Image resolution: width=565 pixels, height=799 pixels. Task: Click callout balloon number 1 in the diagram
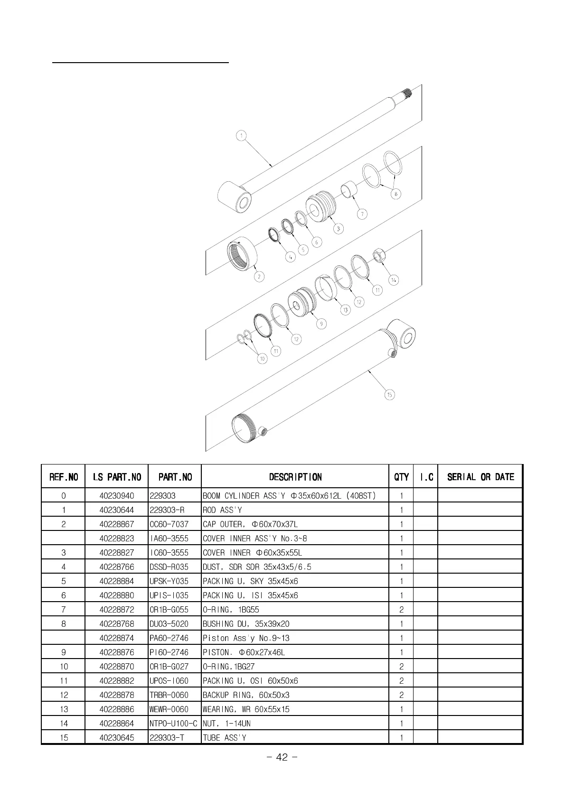click(241, 136)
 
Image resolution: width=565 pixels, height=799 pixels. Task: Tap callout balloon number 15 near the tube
click(389, 395)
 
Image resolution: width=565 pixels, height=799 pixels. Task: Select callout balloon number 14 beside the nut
click(394, 280)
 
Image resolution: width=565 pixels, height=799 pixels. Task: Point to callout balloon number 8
click(395, 194)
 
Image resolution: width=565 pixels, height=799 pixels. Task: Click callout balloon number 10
click(262, 359)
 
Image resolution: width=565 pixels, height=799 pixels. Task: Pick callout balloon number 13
click(345, 310)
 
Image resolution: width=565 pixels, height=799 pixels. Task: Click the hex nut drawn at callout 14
click(379, 255)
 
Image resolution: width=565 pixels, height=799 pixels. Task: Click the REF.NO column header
click(64, 477)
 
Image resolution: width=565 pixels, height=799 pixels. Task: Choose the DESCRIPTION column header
click(295, 477)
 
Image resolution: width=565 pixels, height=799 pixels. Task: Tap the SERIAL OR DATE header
click(480, 477)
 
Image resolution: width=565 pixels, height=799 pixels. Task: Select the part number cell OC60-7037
click(169, 524)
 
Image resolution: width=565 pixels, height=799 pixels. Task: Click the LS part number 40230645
click(117, 738)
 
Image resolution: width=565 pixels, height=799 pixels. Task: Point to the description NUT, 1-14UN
click(226, 724)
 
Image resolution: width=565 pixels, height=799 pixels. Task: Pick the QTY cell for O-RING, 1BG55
click(401, 610)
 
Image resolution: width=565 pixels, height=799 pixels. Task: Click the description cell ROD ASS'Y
click(222, 510)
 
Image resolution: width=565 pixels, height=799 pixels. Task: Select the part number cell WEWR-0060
click(169, 709)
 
